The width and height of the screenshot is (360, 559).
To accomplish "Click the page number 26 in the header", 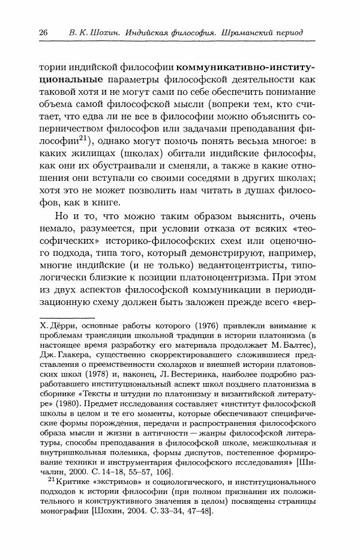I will click(x=43, y=32).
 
